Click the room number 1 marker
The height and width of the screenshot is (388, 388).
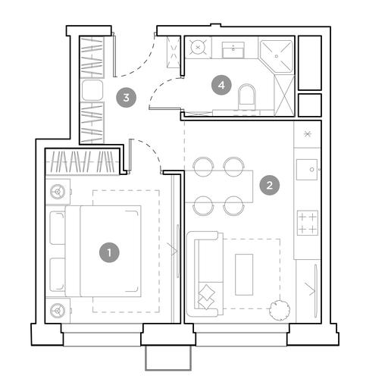109,252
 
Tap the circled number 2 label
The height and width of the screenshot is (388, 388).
270,185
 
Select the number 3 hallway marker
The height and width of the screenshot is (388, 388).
126,97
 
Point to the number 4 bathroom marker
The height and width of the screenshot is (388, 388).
221,85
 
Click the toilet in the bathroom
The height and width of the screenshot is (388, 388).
247,97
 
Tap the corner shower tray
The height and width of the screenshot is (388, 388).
276,56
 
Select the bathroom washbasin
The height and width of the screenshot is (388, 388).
233,50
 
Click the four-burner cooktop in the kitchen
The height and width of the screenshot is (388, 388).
308,223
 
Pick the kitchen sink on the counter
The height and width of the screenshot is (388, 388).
307,170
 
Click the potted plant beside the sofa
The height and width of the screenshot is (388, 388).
280,310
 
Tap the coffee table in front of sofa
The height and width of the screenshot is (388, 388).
244,274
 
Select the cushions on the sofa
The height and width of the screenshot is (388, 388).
206,297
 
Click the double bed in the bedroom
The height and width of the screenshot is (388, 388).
103,251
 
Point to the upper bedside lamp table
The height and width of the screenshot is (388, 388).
58,192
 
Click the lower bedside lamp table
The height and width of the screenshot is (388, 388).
58,311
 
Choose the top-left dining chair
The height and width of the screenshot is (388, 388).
203,167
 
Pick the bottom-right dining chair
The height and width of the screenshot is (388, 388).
233,205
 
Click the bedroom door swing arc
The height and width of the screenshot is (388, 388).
150,149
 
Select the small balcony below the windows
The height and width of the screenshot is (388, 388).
168,358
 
